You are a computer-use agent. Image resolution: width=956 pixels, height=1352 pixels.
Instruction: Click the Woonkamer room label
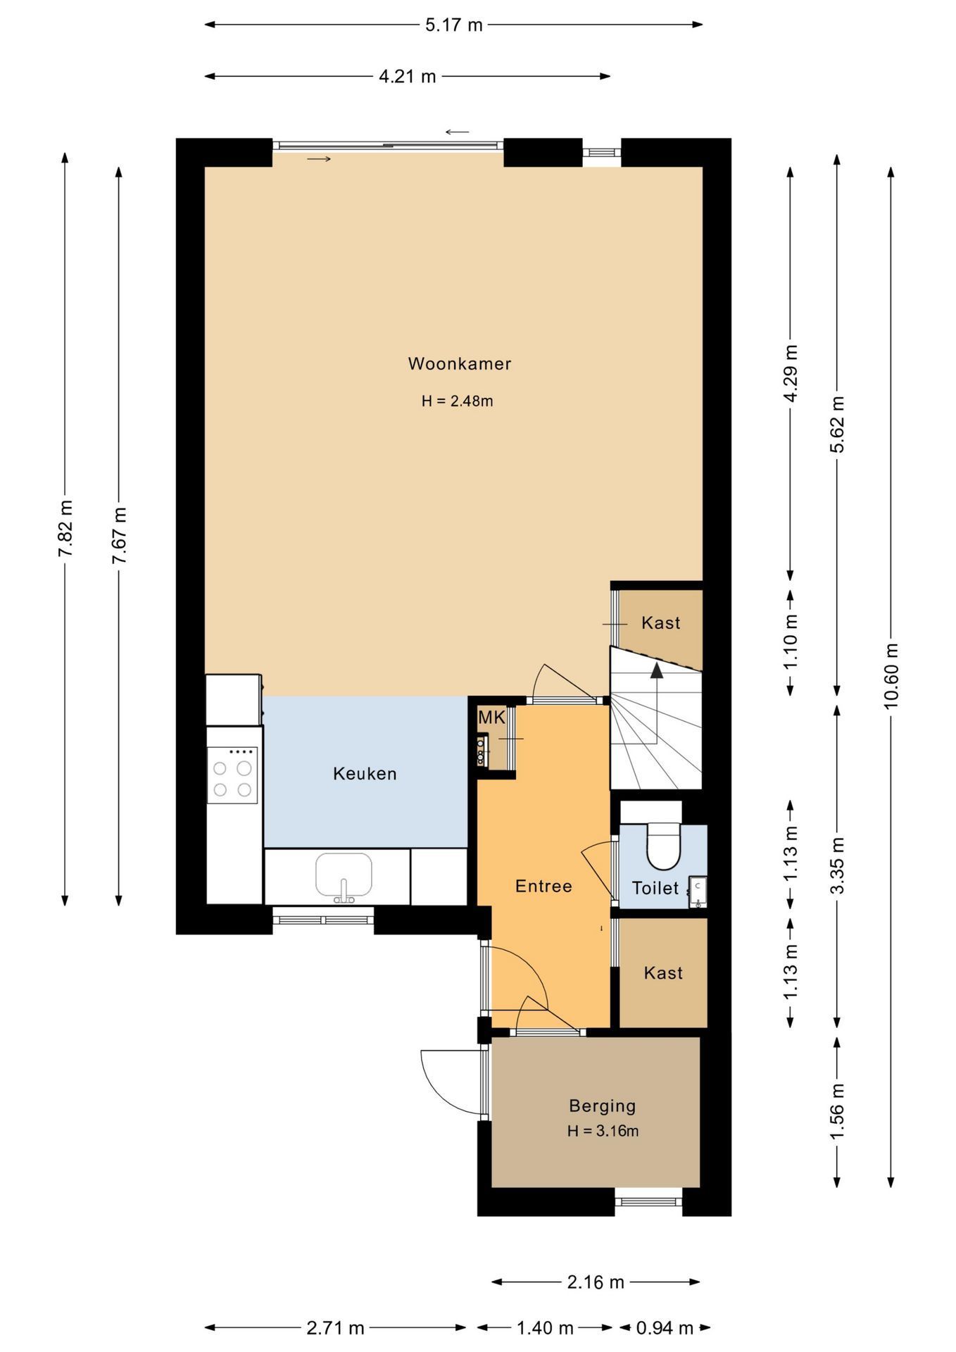(x=459, y=364)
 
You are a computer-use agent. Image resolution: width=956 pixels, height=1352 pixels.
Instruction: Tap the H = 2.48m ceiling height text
(x=457, y=401)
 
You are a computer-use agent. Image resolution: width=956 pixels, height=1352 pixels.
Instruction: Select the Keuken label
(x=365, y=774)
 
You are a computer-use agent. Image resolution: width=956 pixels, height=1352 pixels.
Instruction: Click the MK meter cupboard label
(x=491, y=718)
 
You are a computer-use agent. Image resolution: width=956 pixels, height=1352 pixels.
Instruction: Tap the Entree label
(x=543, y=887)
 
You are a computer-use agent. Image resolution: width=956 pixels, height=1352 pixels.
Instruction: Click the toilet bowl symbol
(x=663, y=849)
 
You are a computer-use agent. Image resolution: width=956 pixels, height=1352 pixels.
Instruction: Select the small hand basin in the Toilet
(x=698, y=892)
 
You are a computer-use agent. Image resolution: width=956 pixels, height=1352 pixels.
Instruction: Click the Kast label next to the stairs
(x=660, y=623)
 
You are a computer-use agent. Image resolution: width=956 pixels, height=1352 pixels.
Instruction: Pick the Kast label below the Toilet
(x=663, y=973)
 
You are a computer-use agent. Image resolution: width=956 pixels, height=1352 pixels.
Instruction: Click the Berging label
(x=602, y=1106)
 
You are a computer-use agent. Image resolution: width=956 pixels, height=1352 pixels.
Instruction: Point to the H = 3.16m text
(x=603, y=1132)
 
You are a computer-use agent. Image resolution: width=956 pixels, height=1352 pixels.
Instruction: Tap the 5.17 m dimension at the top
(x=454, y=25)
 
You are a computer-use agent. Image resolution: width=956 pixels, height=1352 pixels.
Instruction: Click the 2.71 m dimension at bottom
(x=335, y=1328)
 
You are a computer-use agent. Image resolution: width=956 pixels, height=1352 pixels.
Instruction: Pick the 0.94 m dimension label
(x=665, y=1328)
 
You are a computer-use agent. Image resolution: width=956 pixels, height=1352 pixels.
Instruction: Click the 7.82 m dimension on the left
(x=65, y=528)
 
